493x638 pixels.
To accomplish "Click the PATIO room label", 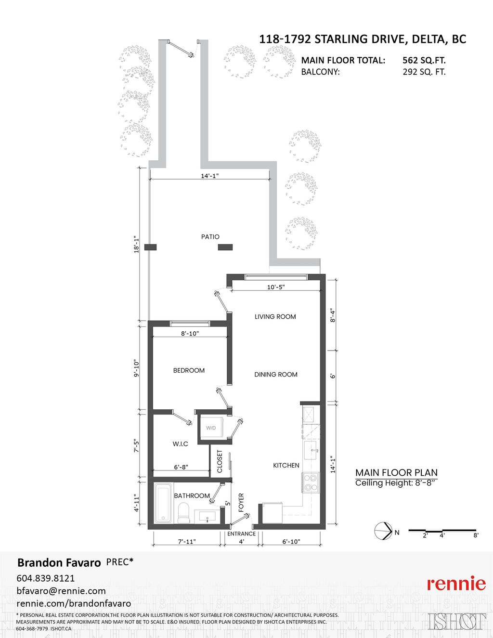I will pyautogui.click(x=210, y=237).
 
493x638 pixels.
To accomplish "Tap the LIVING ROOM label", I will pyautogui.click(x=275, y=317).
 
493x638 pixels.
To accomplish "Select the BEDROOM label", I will pyautogui.click(x=189, y=370).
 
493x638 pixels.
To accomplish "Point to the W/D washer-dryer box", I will pyautogui.click(x=211, y=428).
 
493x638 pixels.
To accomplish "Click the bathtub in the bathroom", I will pyautogui.click(x=163, y=504).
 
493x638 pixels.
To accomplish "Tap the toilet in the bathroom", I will pyautogui.click(x=184, y=512).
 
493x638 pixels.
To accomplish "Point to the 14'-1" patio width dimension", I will pyautogui.click(x=209, y=176).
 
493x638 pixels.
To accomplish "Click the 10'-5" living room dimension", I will pyautogui.click(x=276, y=287).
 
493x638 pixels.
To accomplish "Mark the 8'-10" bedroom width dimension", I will pyautogui.click(x=190, y=334).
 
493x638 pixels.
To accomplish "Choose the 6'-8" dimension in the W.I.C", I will pyautogui.click(x=181, y=467).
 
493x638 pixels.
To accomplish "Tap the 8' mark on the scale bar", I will pyautogui.click(x=476, y=535).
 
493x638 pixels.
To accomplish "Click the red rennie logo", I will pyautogui.click(x=456, y=584).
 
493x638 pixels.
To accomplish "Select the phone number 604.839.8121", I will pyautogui.click(x=46, y=578).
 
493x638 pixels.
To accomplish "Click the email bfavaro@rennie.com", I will pyautogui.click(x=61, y=591).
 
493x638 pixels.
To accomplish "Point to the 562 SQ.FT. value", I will pyautogui.click(x=424, y=60).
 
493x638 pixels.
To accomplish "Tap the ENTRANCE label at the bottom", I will pyautogui.click(x=241, y=534).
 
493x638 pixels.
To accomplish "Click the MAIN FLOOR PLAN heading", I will pyautogui.click(x=396, y=473).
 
